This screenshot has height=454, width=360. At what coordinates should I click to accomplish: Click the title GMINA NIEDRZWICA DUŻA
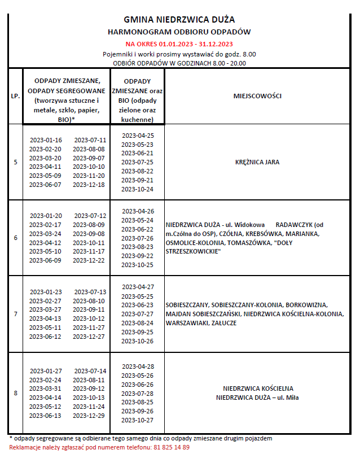(x=179, y=20)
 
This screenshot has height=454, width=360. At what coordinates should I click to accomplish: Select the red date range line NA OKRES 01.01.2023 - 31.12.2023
(x=179, y=43)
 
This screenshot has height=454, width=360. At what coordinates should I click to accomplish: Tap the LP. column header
(x=15, y=96)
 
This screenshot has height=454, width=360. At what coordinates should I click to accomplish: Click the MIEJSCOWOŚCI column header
(x=257, y=96)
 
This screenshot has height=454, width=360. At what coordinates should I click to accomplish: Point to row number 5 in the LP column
(x=15, y=162)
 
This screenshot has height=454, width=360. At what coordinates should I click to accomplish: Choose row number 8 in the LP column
(x=15, y=392)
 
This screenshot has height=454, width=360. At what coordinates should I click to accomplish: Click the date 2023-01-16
(x=46, y=139)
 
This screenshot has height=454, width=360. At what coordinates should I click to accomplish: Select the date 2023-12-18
(x=89, y=185)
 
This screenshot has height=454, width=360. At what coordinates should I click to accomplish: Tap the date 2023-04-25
(x=138, y=135)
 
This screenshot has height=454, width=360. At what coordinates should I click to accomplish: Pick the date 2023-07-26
(x=138, y=238)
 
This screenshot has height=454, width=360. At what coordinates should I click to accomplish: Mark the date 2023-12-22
(x=90, y=260)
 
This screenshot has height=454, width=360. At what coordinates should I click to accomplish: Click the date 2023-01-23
(x=46, y=292)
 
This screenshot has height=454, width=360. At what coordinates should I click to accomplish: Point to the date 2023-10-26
(x=138, y=340)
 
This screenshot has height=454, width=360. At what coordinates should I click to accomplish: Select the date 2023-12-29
(x=90, y=415)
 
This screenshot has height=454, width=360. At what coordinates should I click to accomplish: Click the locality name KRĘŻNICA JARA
(x=257, y=162)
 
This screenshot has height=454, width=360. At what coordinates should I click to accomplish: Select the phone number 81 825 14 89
(x=171, y=447)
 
